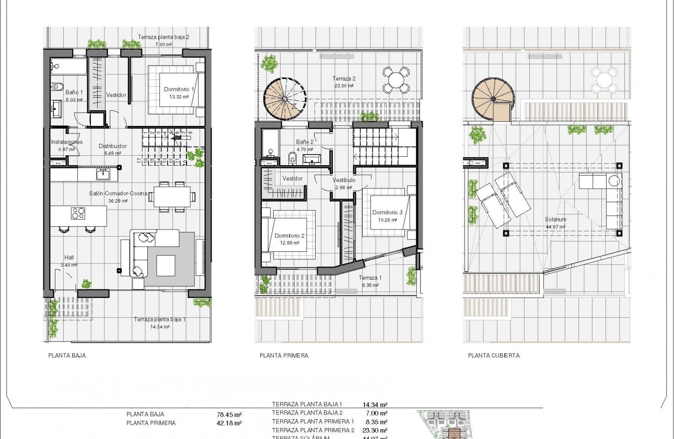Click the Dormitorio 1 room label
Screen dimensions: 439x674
coord(179,89)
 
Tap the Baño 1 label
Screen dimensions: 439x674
coord(63,93)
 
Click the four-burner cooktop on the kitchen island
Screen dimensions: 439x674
coord(78,213)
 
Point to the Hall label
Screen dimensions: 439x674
coord(69,257)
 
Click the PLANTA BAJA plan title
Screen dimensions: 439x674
coord(67,355)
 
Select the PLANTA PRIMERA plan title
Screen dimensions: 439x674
coord(284,355)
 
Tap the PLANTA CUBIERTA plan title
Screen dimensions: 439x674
coord(494,355)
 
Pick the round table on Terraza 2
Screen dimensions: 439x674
coord(397,80)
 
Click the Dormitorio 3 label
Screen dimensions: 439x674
coord(387,213)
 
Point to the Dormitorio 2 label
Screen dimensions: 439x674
coord(289,236)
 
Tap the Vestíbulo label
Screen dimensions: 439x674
coord(344,180)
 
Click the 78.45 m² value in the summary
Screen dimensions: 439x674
coord(229,415)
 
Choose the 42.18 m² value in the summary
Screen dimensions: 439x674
coord(229,423)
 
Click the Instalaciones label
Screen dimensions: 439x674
coord(66,142)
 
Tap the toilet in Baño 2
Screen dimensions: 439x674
coord(292,157)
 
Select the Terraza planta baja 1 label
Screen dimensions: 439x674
coord(159,319)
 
